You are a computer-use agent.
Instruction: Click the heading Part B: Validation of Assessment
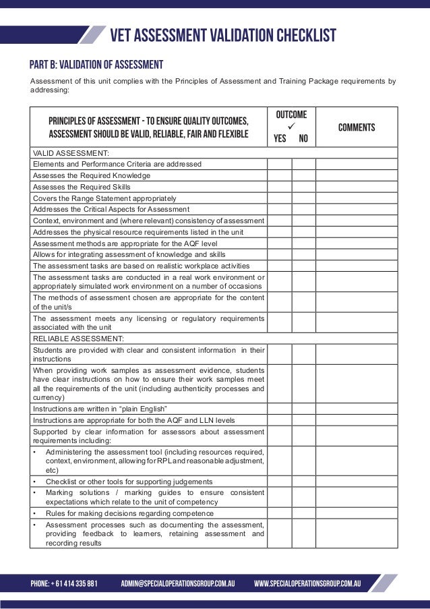pos(96,65)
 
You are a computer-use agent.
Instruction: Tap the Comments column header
pos(357,128)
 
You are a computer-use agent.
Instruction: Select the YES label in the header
pos(280,140)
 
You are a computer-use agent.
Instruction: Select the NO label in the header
pos(303,140)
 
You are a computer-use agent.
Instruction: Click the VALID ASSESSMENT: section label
pos(71,153)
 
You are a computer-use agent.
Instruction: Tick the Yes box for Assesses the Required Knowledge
pos(279,175)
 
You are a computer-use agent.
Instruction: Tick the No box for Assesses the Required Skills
pos(303,187)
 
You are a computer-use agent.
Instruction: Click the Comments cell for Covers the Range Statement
pos(357,198)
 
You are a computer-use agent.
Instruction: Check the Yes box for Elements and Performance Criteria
pos(279,164)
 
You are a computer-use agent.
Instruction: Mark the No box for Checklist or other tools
pos(303,482)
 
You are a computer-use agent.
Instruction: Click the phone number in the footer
pos(64,583)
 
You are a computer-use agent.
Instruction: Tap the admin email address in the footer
pos(177,583)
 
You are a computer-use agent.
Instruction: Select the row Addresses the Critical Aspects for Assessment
pos(111,210)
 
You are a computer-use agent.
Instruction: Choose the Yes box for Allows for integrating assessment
pos(279,254)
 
